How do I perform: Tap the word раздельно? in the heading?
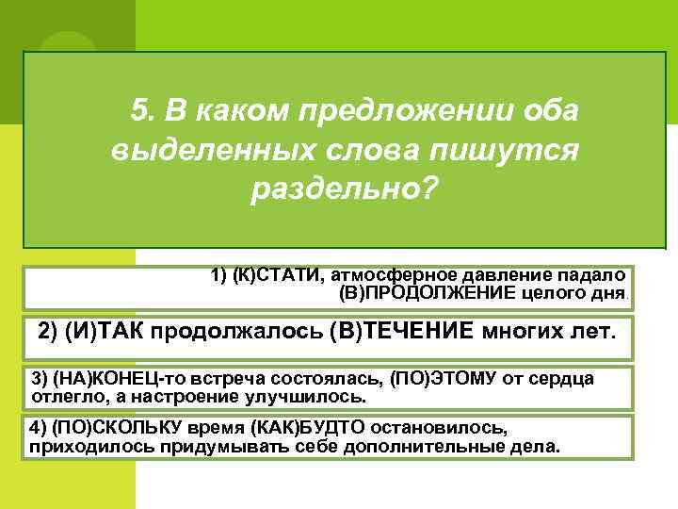[345, 189]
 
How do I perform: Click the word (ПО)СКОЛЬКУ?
[107, 426]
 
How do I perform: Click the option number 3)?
[40, 378]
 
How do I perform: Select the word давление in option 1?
[499, 275]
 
